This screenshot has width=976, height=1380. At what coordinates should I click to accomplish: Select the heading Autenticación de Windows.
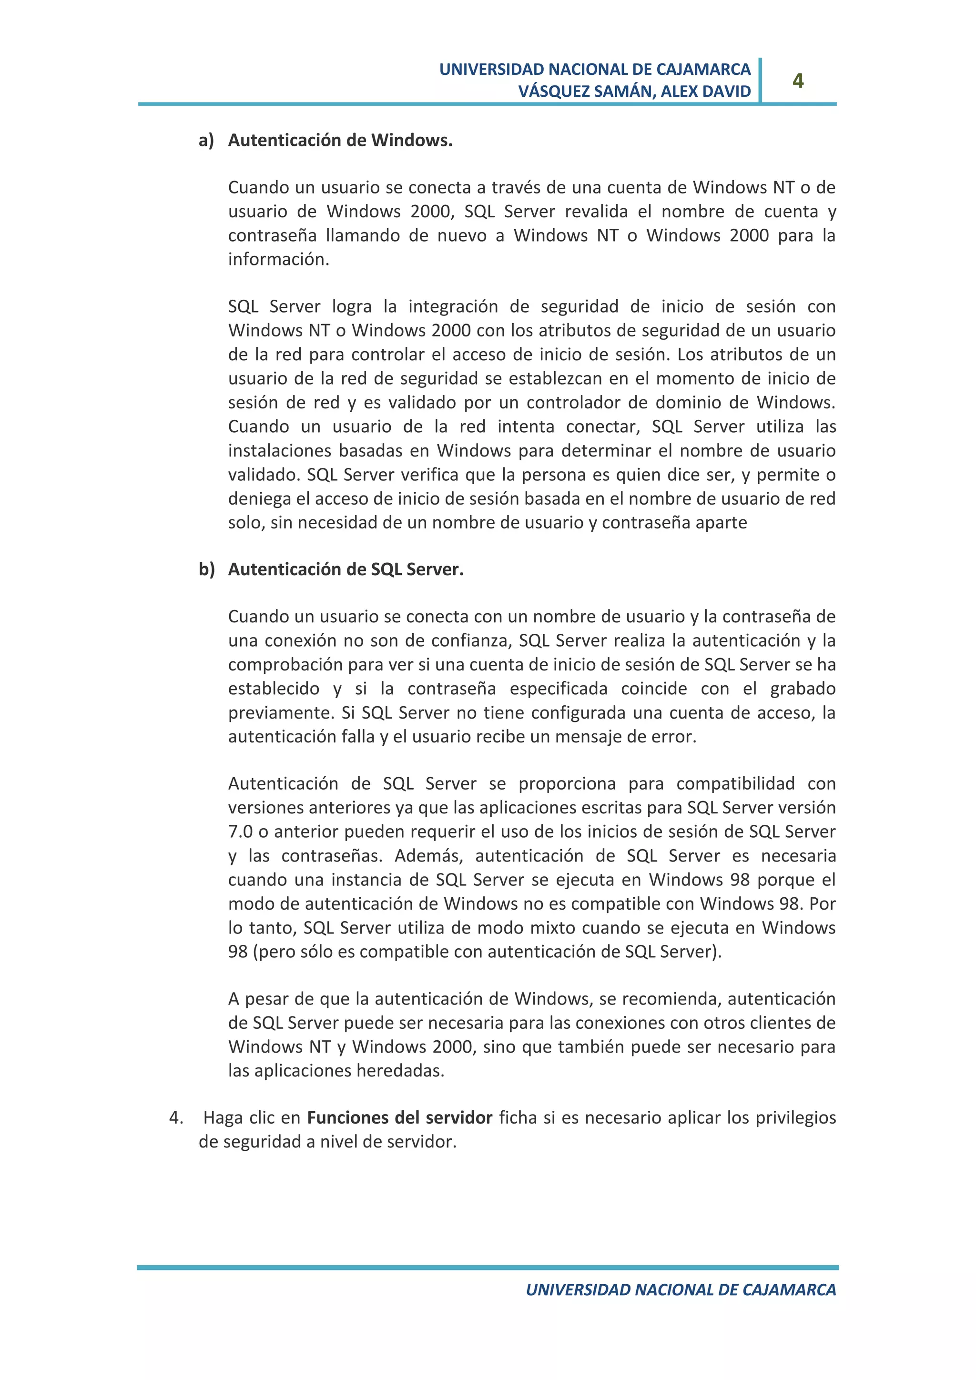[340, 140]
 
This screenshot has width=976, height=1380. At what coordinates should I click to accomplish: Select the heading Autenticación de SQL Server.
[346, 569]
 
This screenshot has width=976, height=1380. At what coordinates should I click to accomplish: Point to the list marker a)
[206, 140]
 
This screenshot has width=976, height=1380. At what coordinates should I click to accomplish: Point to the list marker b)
[207, 569]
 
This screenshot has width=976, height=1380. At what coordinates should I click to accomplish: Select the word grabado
[803, 689]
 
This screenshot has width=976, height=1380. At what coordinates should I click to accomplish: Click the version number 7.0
[240, 832]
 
